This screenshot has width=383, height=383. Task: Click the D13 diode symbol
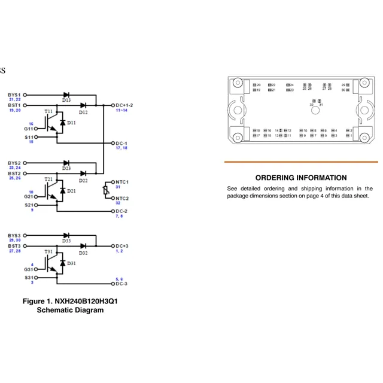[x=66, y=95]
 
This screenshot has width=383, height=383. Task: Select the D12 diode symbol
[x=83, y=105]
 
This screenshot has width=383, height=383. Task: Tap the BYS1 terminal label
[x=14, y=95]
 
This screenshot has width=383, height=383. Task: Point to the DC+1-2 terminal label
[x=124, y=105]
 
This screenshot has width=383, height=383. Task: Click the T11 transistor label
[x=48, y=112]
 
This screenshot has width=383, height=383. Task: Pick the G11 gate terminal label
[x=29, y=129]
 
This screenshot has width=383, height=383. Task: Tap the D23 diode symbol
[x=66, y=163]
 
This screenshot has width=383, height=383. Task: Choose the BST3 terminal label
[x=14, y=246]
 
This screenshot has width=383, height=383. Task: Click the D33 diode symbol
[x=66, y=235]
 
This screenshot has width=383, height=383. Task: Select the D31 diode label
[x=71, y=263]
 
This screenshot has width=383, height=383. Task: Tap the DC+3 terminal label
[x=121, y=246]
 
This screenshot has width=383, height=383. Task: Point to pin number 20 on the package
[x=259, y=85]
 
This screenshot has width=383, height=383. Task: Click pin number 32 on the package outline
[x=311, y=105]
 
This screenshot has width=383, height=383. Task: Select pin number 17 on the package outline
[x=259, y=135]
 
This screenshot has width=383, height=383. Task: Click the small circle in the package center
[x=315, y=110]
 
